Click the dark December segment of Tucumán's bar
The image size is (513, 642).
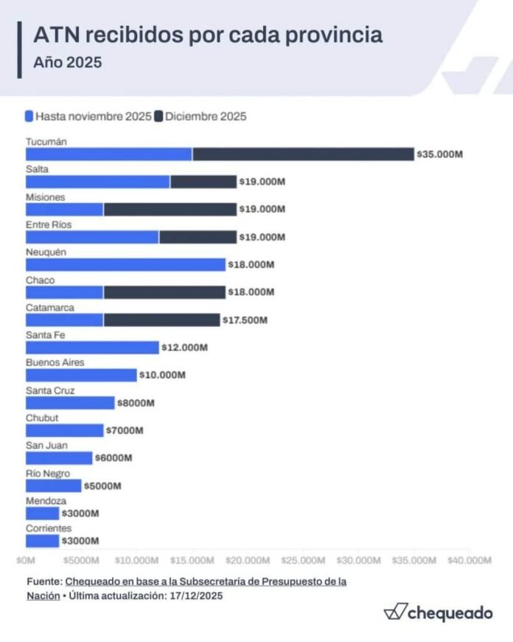pyautogui.click(x=303, y=154)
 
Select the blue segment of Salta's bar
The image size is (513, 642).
pyautogui.click(x=98, y=182)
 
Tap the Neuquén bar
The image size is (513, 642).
pyautogui.click(x=125, y=264)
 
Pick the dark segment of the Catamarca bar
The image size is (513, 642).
pyautogui.click(x=161, y=320)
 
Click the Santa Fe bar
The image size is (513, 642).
pyautogui.click(x=92, y=347)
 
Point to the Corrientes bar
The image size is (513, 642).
pyautogui.click(x=42, y=541)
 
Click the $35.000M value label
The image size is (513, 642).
pyautogui.click(x=440, y=154)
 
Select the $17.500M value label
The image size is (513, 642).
pyautogui.click(x=245, y=320)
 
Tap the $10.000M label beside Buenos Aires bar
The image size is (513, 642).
pyautogui.click(x=162, y=375)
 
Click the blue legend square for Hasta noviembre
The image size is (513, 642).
pyautogui.click(x=29, y=116)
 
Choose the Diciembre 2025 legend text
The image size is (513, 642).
pyautogui.click(x=206, y=116)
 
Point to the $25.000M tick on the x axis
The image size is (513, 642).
pyautogui.click(x=303, y=560)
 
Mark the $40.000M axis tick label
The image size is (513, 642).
pyautogui.click(x=469, y=560)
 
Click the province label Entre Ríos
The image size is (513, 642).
pyautogui.click(x=49, y=224)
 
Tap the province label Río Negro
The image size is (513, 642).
pyautogui.click(x=48, y=473)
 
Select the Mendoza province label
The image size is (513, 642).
pyautogui.click(x=45, y=500)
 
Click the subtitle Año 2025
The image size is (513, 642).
pyautogui.click(x=68, y=63)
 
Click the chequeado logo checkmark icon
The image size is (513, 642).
pyautogui.click(x=395, y=611)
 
